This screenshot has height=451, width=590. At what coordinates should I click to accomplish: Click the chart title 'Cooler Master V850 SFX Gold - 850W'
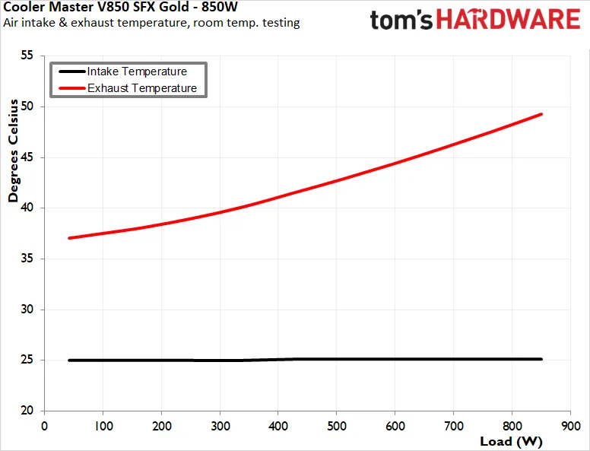(120, 6)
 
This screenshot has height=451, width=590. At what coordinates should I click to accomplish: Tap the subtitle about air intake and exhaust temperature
(151, 23)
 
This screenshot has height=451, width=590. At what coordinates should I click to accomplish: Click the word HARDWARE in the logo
(509, 20)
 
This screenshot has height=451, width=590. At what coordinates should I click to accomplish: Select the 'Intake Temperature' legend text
(137, 71)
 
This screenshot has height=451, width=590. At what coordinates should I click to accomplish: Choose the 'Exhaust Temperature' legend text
(142, 88)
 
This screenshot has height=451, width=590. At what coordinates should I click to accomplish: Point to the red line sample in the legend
(72, 88)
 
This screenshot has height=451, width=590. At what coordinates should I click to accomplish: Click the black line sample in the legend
(72, 71)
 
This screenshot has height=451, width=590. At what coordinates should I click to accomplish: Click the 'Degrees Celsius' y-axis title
(13, 151)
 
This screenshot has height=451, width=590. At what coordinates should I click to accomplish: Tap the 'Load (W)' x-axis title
(511, 441)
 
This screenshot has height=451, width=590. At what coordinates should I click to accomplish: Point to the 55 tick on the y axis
(27, 56)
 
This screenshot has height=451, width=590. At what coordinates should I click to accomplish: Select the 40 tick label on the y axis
(27, 208)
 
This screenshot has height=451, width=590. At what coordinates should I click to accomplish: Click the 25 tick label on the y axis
(27, 360)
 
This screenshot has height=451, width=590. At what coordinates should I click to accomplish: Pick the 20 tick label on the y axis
(27, 411)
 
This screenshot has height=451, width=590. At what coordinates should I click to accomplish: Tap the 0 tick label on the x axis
(44, 426)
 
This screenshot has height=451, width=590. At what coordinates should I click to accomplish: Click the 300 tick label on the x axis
(220, 426)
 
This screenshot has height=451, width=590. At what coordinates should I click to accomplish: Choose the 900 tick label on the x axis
(570, 426)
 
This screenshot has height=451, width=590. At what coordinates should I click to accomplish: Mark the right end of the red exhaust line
(541, 114)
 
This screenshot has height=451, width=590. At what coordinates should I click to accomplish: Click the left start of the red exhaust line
(70, 238)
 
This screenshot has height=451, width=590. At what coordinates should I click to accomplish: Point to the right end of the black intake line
(541, 359)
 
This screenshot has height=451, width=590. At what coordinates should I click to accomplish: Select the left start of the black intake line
(70, 360)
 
